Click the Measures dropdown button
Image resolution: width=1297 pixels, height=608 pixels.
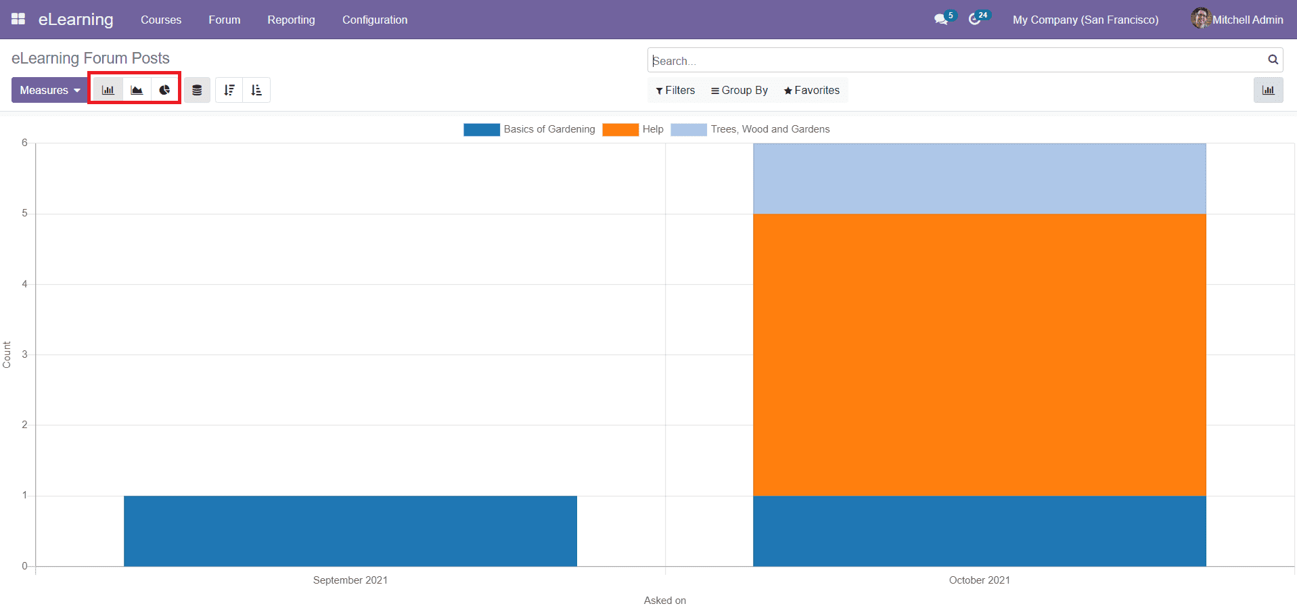point(49,90)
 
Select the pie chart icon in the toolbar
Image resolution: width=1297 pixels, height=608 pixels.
point(164,90)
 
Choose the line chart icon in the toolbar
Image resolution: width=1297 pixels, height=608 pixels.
point(137,90)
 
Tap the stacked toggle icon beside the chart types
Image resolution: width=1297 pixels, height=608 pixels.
point(197,90)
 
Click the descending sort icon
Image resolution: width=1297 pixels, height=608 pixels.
point(229,90)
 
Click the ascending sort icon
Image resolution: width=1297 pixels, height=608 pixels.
point(256,90)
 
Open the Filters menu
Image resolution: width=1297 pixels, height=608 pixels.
point(675,90)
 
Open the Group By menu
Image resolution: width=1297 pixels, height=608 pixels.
point(739,90)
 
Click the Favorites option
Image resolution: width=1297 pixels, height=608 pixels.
point(811,90)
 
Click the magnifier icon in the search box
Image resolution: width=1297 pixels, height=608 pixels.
point(1273,60)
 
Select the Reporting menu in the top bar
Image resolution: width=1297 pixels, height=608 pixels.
point(291,20)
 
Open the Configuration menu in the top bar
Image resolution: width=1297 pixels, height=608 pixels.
point(374,20)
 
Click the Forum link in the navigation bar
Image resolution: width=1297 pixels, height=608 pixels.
point(224,20)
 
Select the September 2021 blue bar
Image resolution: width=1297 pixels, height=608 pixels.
point(350,531)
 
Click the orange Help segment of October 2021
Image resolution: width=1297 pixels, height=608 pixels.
point(979,354)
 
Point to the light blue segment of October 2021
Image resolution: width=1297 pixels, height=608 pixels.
point(979,179)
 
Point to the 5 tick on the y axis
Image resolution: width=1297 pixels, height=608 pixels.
point(25,213)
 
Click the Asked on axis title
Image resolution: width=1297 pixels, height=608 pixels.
point(664,600)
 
